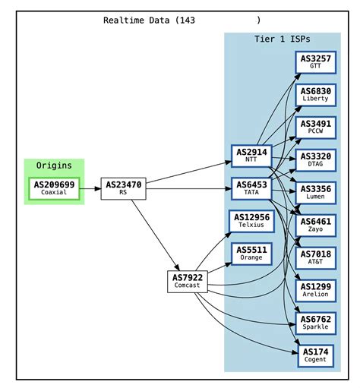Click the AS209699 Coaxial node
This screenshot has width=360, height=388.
53,188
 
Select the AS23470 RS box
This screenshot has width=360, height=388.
123,188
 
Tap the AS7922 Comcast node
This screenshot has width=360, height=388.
188,281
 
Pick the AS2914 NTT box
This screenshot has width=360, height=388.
251,156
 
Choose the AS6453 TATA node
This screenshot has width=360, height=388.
251,188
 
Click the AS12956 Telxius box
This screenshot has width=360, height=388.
251,221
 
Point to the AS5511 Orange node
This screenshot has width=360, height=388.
251,253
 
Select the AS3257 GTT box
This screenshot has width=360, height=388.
315,62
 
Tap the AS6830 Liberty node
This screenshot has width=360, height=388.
315,94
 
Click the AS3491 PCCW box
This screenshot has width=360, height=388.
315,127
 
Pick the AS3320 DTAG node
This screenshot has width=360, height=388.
315,159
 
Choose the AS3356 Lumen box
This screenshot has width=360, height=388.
315,192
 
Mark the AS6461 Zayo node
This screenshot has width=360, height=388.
315,225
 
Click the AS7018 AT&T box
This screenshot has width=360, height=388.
315,257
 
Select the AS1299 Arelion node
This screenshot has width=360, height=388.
315,290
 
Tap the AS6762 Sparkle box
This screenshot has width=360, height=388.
315,323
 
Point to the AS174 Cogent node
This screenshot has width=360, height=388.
315,355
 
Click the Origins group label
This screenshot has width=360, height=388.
53,166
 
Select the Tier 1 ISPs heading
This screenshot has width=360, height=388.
282,39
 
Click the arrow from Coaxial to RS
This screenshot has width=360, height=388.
90,188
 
